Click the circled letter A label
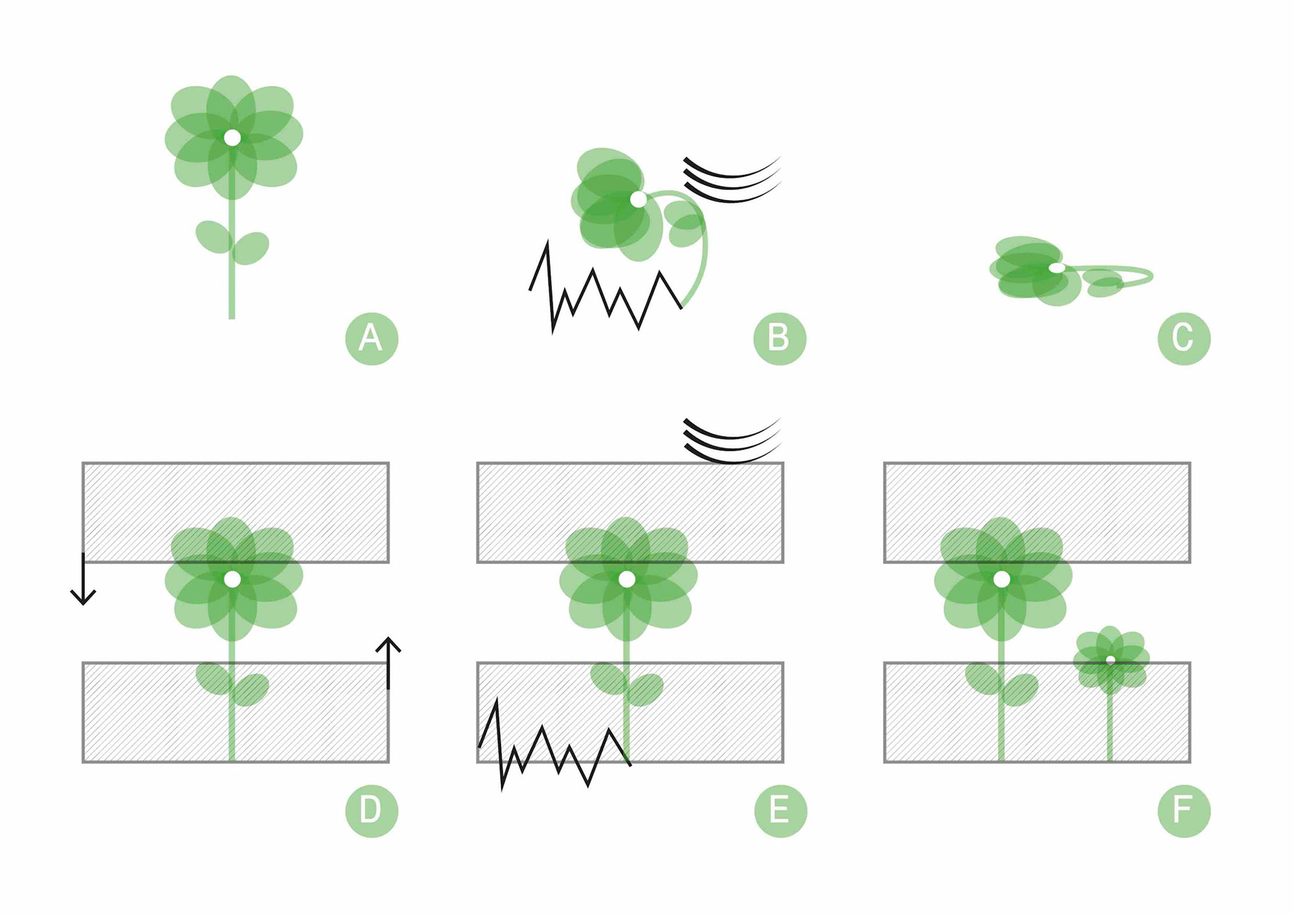click(371, 338)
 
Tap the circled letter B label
click(779, 338)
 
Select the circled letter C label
click(1183, 338)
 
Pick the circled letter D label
click(371, 810)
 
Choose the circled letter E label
click(780, 810)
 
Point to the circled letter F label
click(1183, 810)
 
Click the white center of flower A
click(232, 138)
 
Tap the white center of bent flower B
click(638, 199)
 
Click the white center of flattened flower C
click(1057, 268)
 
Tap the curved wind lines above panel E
click(731, 441)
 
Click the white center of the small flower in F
click(1110, 660)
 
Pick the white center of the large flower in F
click(1002, 579)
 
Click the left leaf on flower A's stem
click(214, 236)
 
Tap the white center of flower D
click(232, 579)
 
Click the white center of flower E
click(627, 579)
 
